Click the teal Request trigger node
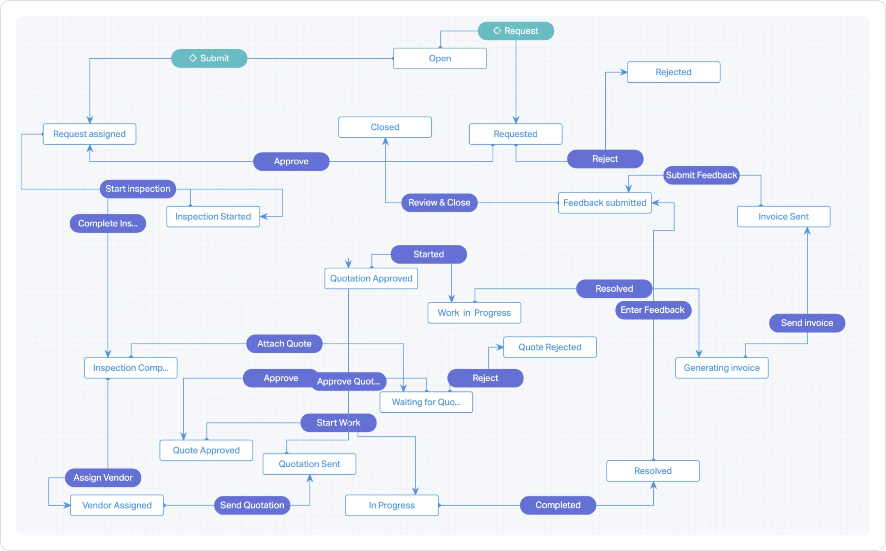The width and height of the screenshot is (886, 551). [516, 31]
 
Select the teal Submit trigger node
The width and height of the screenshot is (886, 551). [209, 58]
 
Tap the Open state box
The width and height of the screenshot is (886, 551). [440, 58]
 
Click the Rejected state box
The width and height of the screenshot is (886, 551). [673, 72]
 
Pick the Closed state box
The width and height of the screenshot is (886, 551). [385, 127]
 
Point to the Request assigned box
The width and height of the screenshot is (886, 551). [89, 134]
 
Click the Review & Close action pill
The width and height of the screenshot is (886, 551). [439, 203]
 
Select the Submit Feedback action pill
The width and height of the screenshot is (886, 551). [701, 175]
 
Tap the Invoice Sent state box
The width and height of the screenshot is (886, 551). [783, 216]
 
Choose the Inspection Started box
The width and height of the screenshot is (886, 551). [213, 216]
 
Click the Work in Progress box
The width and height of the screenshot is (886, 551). [474, 313]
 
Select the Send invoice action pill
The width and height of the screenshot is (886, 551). [807, 323]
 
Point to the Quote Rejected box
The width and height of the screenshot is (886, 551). [550, 347]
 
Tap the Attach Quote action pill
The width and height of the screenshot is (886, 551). [284, 344]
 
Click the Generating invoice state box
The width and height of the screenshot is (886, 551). [721, 368]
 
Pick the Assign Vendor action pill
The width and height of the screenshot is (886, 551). [103, 478]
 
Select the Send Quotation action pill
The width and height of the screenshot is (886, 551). [252, 505]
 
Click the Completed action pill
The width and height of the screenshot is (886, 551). [558, 505]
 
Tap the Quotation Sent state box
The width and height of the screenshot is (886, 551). [309, 464]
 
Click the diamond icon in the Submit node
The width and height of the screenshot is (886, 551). [193, 58]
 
